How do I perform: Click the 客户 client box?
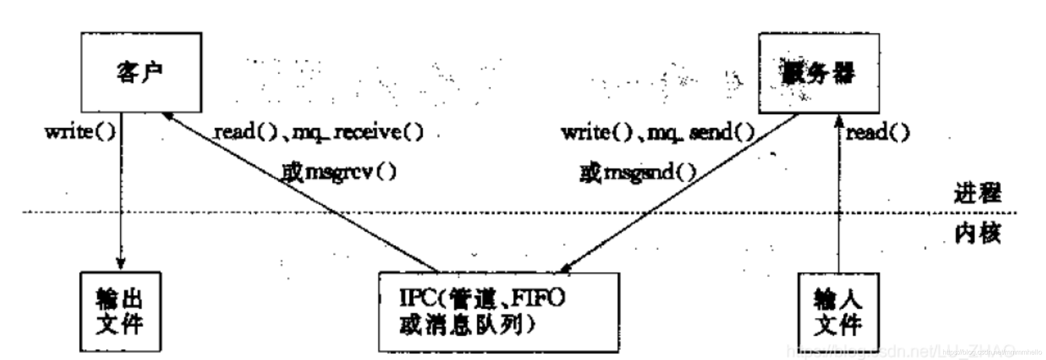[x=141, y=72]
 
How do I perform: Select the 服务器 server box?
[x=818, y=73]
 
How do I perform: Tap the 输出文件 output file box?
[x=120, y=311]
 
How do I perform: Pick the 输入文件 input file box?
[x=838, y=312]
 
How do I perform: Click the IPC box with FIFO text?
[x=498, y=312]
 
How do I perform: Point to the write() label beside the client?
[x=80, y=132]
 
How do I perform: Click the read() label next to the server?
[x=877, y=132]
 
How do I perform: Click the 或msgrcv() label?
[x=339, y=173]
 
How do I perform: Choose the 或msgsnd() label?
[x=638, y=173]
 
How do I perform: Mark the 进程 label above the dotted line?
[x=977, y=193]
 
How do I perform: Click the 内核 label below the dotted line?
[x=977, y=234]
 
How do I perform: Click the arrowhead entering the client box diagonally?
[x=167, y=116]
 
